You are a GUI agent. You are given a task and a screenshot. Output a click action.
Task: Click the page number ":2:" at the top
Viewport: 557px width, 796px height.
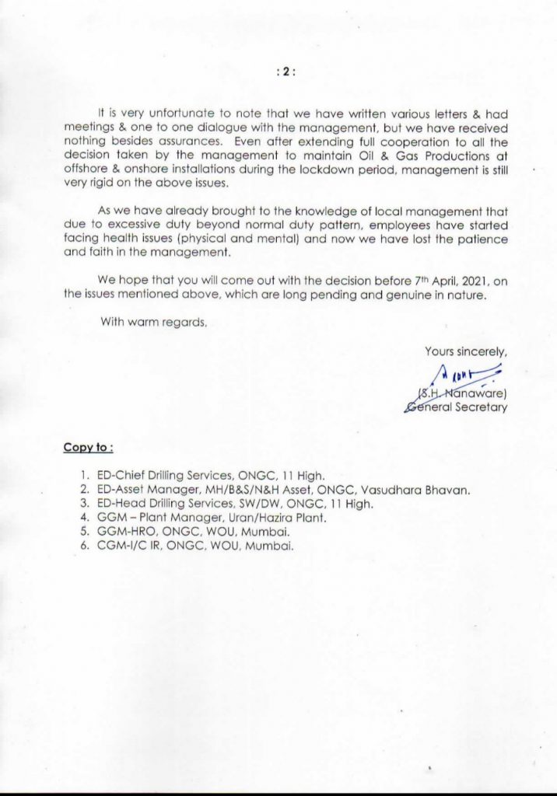click(286, 71)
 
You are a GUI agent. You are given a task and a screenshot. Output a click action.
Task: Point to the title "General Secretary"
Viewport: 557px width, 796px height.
click(457, 407)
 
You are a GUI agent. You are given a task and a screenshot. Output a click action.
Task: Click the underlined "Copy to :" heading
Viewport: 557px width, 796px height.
click(89, 448)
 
